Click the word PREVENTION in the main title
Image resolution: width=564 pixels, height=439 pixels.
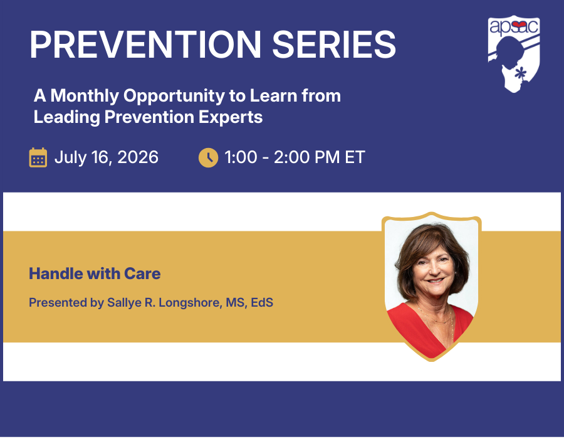tap(145, 45)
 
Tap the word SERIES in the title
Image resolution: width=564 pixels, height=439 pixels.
tap(334, 45)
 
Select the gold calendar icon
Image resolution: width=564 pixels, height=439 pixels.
tap(38, 157)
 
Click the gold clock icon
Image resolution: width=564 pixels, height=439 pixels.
tap(208, 157)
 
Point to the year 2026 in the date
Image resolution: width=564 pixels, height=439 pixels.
tap(138, 157)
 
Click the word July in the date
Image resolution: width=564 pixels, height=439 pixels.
tap(70, 157)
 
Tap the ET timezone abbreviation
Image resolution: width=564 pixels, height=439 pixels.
tap(355, 157)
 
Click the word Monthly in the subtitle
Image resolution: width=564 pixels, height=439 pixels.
tap(85, 96)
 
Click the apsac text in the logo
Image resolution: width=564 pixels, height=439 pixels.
tap(514, 26)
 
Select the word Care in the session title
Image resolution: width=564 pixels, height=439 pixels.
tap(142, 274)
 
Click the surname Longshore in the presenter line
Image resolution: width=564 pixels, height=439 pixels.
tap(189, 303)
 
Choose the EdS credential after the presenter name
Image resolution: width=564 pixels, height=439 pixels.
tap(262, 302)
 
